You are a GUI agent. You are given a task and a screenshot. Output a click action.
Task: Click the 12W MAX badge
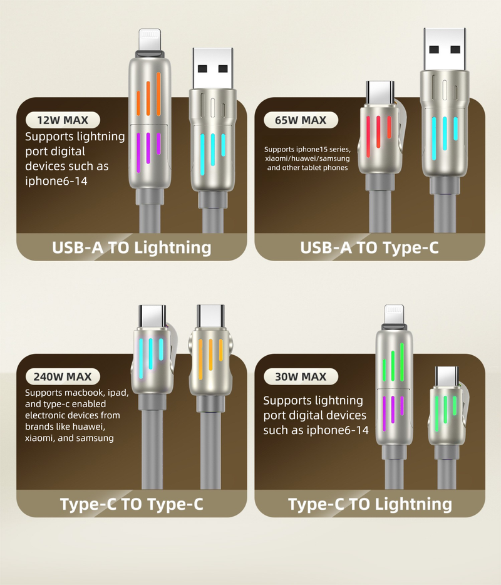[x=63, y=120]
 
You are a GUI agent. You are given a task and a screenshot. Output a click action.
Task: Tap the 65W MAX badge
[x=301, y=120]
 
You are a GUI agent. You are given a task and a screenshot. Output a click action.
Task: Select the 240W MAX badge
[x=63, y=376]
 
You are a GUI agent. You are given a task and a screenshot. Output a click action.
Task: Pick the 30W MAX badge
[x=301, y=376]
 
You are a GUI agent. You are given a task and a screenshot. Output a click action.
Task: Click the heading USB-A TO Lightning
[x=132, y=247]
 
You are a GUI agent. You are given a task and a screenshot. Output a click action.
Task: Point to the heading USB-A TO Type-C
[x=369, y=247]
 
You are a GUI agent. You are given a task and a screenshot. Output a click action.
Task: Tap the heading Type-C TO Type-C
[x=132, y=504]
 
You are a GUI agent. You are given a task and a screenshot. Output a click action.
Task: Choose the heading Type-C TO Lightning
[x=370, y=504]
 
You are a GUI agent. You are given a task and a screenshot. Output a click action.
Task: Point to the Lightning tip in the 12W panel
[x=150, y=39]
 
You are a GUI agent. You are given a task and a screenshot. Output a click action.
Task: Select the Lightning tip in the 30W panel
[x=394, y=314]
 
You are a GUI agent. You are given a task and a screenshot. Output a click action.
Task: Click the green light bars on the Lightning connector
[x=393, y=362]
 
